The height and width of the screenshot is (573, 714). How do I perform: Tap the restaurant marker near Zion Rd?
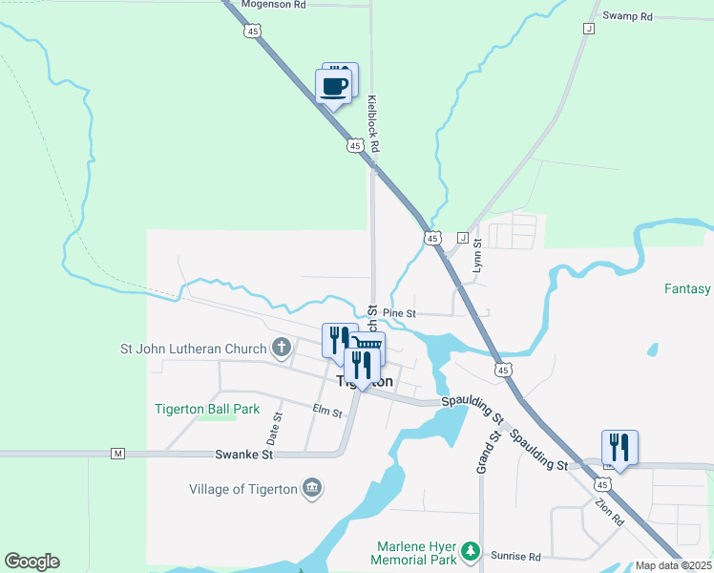pos(619,447)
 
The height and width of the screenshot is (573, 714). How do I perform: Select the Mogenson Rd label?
pos(273,5)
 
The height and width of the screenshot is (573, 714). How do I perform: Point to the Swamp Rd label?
pos(627,16)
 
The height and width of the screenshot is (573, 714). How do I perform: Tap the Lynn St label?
pos(476,257)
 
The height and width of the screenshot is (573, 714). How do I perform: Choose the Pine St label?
pos(400,313)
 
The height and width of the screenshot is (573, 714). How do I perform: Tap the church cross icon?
pos(282,347)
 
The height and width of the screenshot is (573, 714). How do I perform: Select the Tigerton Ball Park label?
pos(207,409)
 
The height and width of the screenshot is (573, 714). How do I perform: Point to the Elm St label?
pos(327,412)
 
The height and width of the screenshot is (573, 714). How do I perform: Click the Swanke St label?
pos(243,455)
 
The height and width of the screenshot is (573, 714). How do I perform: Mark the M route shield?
pos(118,453)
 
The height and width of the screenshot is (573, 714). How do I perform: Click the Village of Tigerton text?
pos(242,490)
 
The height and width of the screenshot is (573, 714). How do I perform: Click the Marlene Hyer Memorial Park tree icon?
pos(470,551)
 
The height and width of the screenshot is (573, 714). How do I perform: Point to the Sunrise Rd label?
pos(515,556)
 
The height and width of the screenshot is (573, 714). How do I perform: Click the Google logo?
pos(31,562)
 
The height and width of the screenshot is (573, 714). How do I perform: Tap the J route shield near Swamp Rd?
pos(588,29)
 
